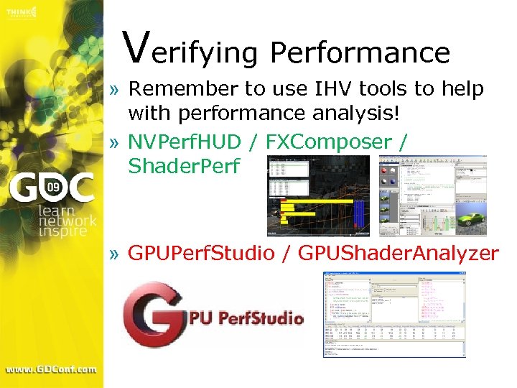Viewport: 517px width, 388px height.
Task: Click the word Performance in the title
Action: pos(360,52)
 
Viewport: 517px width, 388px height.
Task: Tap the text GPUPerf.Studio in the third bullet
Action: pos(201,253)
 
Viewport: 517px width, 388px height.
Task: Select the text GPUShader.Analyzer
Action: pos(399,253)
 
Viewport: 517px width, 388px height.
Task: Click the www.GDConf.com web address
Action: pos(51,369)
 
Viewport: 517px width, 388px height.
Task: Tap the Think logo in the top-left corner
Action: pos(22,12)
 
